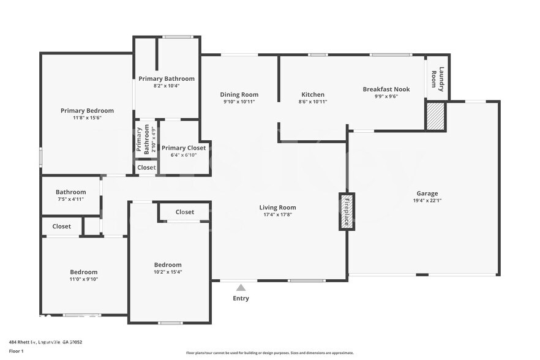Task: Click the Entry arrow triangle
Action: (241, 287)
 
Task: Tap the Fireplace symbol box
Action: (347, 212)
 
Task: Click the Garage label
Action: (427, 193)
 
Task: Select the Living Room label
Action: (277, 208)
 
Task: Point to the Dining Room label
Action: (239, 95)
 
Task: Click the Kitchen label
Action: (313, 95)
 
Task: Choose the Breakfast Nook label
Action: (386, 89)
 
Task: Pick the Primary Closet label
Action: (184, 148)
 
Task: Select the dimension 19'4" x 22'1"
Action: (427, 201)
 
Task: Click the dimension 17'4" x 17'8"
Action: (277, 215)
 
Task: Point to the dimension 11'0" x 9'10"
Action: (83, 279)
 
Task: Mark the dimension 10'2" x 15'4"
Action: (168, 272)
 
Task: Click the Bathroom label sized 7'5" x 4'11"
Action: (70, 192)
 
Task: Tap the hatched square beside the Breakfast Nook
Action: (435, 116)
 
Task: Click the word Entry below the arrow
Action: (241, 299)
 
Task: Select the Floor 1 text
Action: (16, 351)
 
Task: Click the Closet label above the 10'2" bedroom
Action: (185, 212)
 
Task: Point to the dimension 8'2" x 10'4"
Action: (166, 86)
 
